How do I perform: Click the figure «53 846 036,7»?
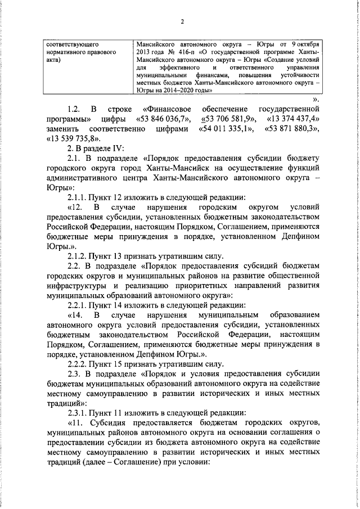163,119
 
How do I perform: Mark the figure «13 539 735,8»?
75,138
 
